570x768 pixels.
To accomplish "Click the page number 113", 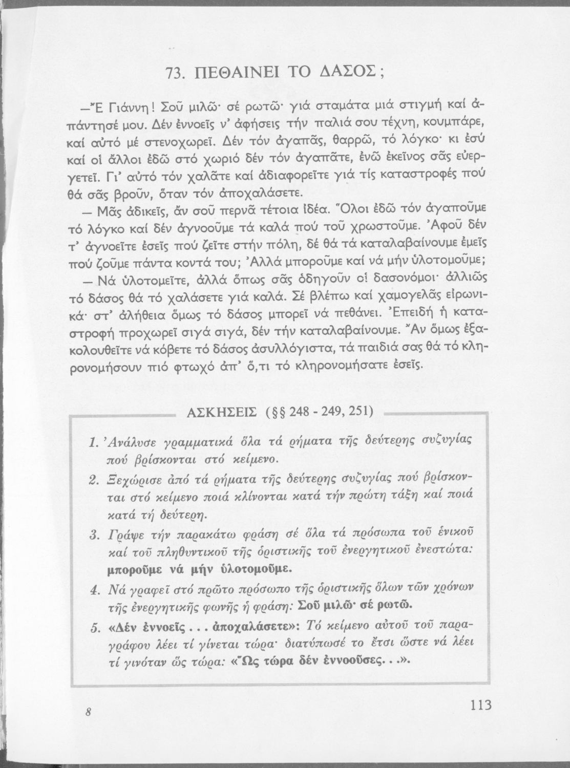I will (x=480, y=705).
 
